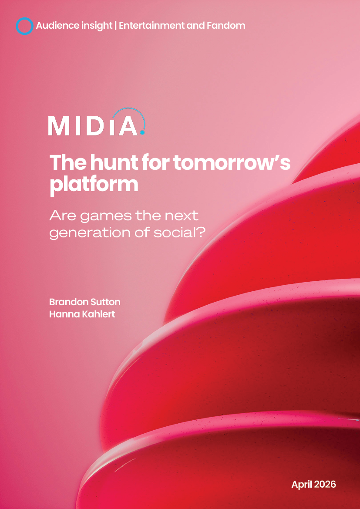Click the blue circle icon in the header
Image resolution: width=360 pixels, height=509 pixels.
(x=24, y=26)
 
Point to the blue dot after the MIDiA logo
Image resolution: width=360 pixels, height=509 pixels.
(x=143, y=132)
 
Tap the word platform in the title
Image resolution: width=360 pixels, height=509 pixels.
(x=94, y=184)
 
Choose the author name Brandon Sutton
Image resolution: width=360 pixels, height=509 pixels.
(x=85, y=302)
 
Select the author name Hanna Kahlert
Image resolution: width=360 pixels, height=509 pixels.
(x=82, y=313)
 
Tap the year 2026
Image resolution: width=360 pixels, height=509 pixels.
(x=326, y=484)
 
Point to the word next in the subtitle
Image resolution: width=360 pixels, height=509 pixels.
(x=182, y=215)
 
